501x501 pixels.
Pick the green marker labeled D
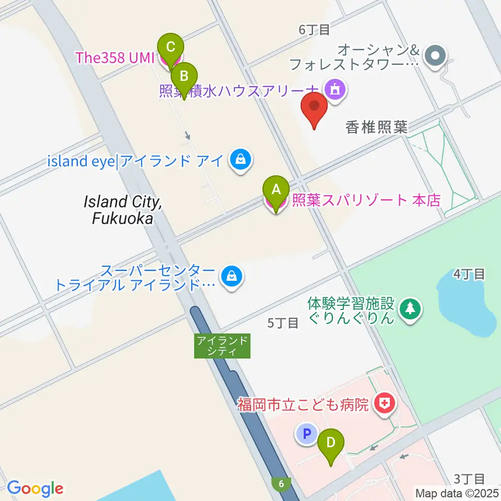331,444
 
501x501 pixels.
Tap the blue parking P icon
307,433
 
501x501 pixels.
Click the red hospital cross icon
385,403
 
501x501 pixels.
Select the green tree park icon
411,309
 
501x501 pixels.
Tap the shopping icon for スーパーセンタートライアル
230,275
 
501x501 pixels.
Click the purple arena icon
335,88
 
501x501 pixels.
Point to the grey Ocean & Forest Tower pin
434,55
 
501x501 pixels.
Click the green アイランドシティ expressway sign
222,346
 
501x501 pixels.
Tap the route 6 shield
282,484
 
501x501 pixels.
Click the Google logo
35,488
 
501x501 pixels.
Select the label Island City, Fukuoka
123,210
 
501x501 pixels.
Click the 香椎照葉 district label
377,128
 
